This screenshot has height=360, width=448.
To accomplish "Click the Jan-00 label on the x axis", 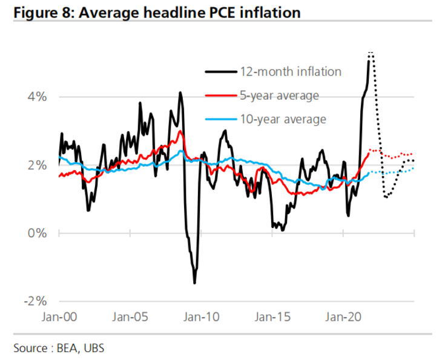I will pos(59,315).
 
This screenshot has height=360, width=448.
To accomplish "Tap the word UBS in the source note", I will pos(94,348).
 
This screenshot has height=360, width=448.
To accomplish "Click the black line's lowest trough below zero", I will pos(194,283).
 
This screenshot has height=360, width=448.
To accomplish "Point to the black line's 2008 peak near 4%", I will pos(180,93).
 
